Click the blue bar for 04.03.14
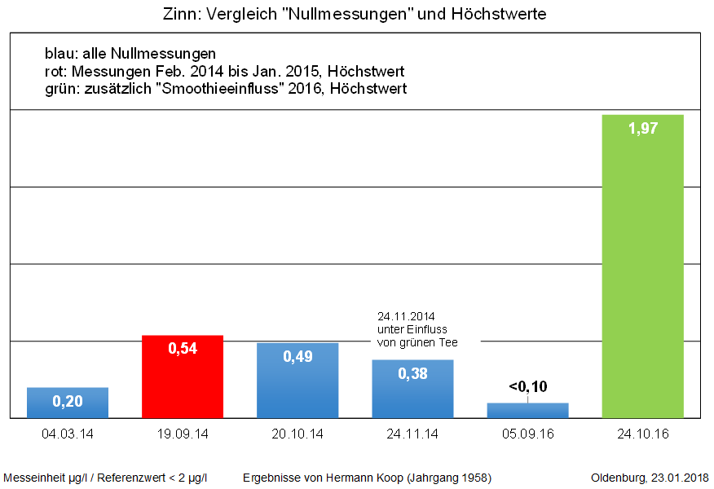68,403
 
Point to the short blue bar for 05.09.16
527,410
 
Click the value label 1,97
642,128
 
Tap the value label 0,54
183,348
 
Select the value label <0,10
528,386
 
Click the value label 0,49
297,357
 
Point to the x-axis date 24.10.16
642,434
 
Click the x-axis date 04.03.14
68,434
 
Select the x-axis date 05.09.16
527,434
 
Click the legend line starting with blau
130,55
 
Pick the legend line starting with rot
225,72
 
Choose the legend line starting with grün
226,88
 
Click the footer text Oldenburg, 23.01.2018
650,477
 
